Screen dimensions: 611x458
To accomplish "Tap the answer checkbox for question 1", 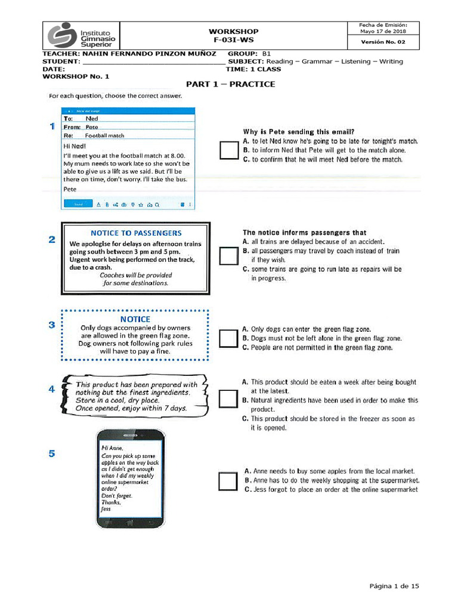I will coord(229,150).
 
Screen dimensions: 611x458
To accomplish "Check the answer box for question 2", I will coord(229,256).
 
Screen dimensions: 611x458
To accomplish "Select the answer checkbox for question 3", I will coord(229,338).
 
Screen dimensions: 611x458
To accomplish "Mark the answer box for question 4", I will coord(229,399).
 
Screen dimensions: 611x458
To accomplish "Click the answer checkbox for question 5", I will coord(228,481).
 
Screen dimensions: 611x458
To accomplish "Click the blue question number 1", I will coord(52,126).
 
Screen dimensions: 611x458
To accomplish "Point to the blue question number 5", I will coord(52,453).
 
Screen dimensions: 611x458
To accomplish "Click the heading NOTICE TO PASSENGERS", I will coord(136,233).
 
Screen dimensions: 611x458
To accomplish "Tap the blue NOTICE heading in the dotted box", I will coord(135,319).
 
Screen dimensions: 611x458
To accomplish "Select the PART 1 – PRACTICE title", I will coord(230,84).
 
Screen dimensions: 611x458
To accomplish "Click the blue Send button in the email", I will coord(78,204).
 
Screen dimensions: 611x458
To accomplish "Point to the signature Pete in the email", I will coord(70,189).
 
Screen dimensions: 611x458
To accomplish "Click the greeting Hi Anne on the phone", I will coord(112,448).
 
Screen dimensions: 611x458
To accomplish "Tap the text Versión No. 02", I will coord(383,42).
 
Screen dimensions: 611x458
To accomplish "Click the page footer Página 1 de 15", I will coord(394,586).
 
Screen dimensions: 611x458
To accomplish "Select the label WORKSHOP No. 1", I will coord(76,76).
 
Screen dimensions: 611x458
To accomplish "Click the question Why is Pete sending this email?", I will coord(299,131).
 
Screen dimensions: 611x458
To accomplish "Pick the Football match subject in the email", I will coord(104,135).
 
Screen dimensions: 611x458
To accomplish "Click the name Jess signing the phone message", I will coord(106,509).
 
